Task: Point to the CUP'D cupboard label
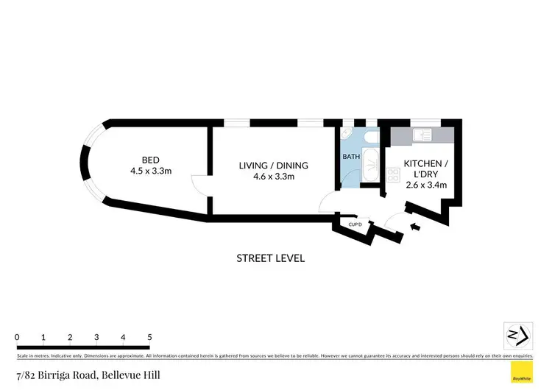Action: pos(354,224)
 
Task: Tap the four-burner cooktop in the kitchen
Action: pos(392,175)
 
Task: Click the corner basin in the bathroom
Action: pos(347,134)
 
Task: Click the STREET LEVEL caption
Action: pos(270,258)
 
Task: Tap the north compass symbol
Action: pos(518,335)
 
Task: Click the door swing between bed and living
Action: pos(199,185)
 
